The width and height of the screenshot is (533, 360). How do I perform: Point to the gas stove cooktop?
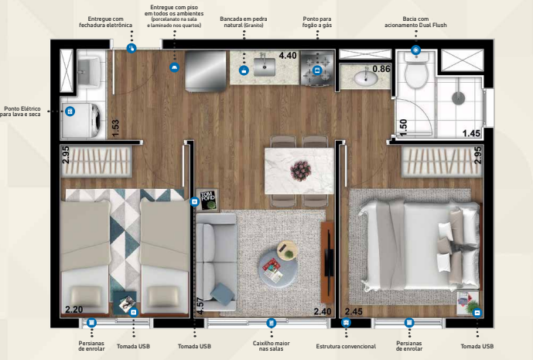(317, 65)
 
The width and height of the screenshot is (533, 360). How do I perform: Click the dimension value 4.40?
(287, 56)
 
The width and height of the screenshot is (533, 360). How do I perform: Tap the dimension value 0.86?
(381, 69)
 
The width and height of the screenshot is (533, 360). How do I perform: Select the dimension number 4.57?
(200, 304)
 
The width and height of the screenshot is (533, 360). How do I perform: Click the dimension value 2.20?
(73, 310)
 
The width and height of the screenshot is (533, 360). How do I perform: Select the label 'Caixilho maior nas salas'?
(271, 345)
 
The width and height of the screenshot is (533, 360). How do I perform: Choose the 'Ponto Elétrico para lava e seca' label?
(23, 111)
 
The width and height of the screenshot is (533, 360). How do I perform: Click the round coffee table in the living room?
(278, 263)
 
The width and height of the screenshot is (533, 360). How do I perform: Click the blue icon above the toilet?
(415, 50)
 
